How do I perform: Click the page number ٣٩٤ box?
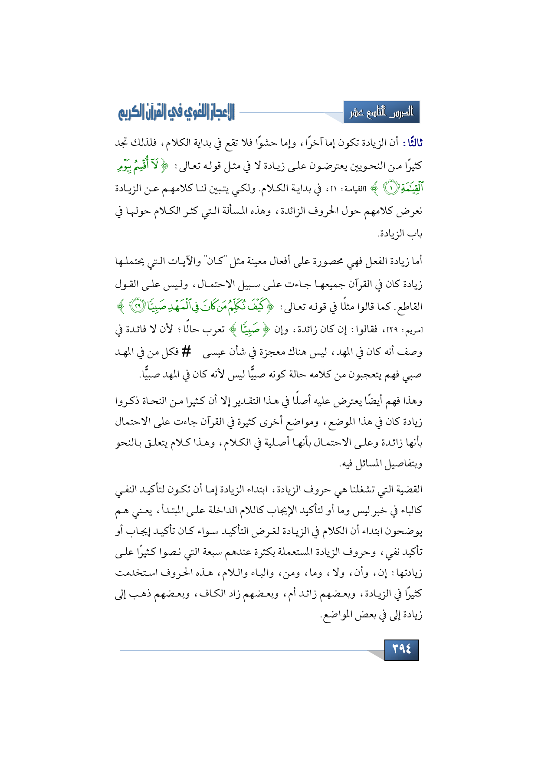(401, 649)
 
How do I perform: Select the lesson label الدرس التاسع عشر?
(381, 113)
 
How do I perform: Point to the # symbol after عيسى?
(186, 351)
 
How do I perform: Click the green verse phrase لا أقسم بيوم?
(139, 165)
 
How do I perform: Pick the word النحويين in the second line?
(364, 166)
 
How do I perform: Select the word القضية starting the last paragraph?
(408, 490)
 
